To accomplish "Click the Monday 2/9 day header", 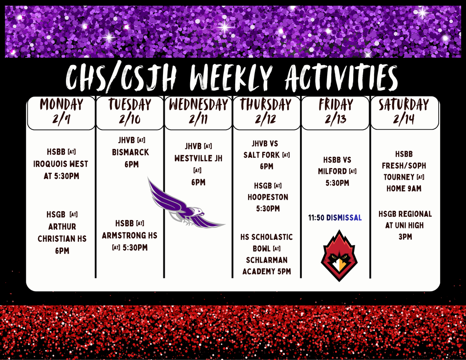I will click(61, 112).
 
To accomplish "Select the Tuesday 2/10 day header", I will click(130, 112).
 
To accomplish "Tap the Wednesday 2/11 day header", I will click(198, 112).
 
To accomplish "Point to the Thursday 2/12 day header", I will click(267, 112).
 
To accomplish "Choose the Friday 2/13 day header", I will click(336, 112).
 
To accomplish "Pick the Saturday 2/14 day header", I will click(404, 112).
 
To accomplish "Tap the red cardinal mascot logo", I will click(339, 256).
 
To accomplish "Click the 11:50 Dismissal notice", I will click(335, 218).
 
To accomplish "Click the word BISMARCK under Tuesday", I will click(131, 152).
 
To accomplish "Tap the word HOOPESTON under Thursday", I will click(268, 197).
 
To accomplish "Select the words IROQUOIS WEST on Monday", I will click(61, 164).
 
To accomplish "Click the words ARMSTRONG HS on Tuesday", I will click(130, 235).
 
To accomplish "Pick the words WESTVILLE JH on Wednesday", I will click(198, 159).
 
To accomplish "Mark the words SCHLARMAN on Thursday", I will click(267, 260).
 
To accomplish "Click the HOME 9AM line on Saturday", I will click(404, 188).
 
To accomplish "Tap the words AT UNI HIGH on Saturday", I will click(404, 225).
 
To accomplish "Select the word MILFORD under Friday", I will click(332, 171).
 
